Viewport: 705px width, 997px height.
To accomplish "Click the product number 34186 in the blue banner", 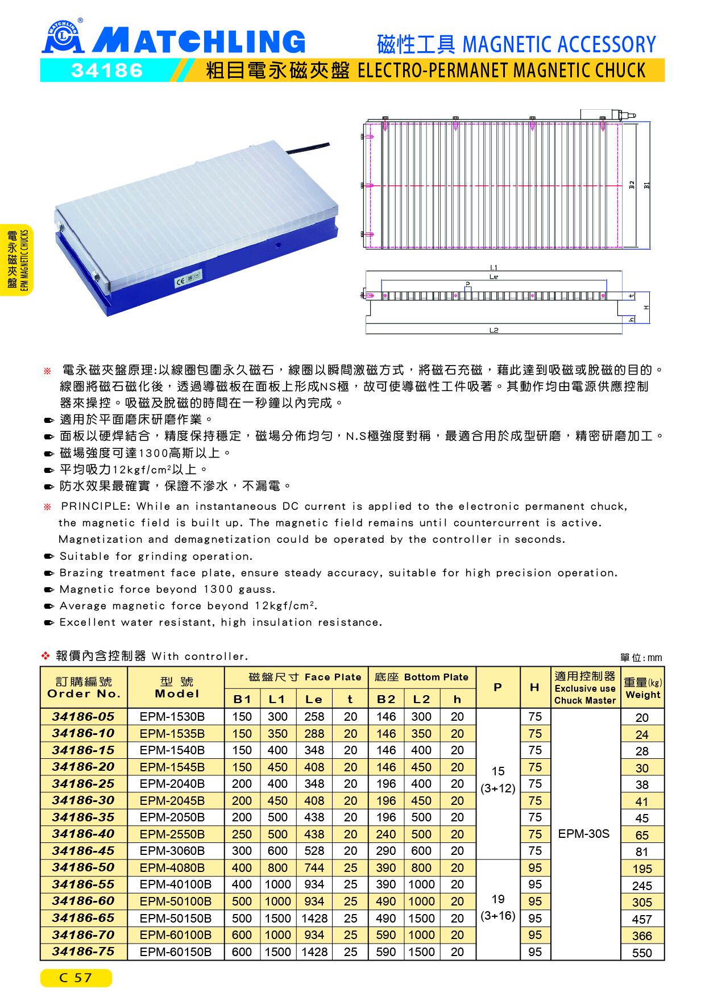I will pyautogui.click(x=107, y=70).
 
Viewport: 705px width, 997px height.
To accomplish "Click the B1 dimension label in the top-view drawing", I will pyautogui.click(x=646, y=185).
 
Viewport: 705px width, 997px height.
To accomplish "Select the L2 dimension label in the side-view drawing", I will pyautogui.click(x=493, y=330).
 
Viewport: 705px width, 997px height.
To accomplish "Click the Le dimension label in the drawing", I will pyautogui.click(x=493, y=277).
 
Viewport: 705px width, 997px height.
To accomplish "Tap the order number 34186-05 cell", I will pyautogui.click(x=84, y=716).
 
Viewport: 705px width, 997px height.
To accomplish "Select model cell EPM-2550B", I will pyautogui.click(x=172, y=834).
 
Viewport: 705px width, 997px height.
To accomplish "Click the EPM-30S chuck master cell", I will pyautogui.click(x=584, y=834).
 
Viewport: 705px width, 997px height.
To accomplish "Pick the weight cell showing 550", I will pyautogui.click(x=642, y=953).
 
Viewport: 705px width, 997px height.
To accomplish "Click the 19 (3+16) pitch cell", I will pyautogui.click(x=497, y=907).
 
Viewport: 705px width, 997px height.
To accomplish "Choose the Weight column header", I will pyautogui.click(x=642, y=688).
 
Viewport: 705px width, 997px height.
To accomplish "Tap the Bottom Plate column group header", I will pyautogui.click(x=421, y=677).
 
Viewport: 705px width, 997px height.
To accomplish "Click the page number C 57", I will pyautogui.click(x=76, y=978).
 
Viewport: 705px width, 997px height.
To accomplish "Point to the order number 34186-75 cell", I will pyautogui.click(x=84, y=952).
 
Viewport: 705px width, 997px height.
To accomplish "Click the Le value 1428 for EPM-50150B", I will pyautogui.click(x=314, y=919).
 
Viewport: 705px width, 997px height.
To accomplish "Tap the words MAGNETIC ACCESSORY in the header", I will pyautogui.click(x=559, y=44).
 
